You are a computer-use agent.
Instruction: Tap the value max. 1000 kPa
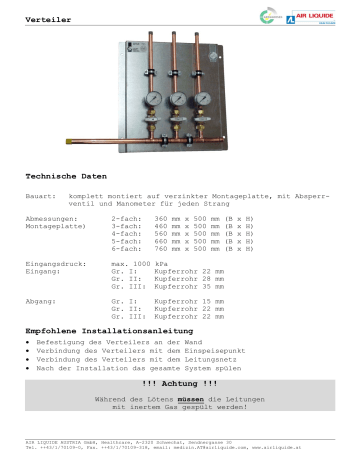[142, 289]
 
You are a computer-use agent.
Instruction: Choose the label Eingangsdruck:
[54, 289]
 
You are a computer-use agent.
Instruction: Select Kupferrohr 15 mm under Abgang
[186, 328]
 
